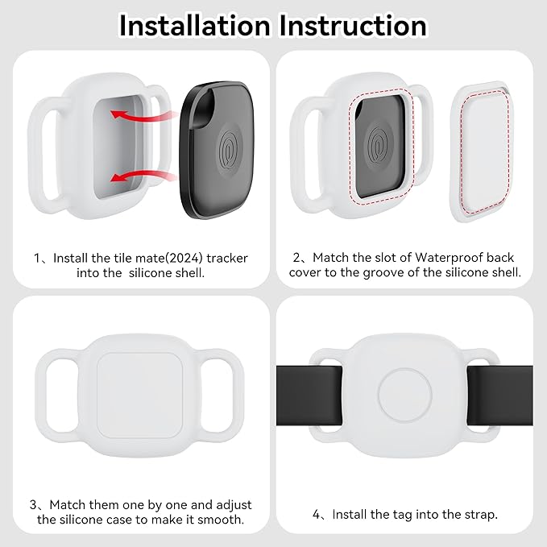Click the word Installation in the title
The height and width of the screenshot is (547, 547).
coord(195,26)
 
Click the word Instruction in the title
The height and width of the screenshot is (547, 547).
coord(353,26)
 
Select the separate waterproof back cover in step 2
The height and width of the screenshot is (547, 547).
coord(483,152)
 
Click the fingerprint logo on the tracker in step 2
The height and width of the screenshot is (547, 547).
coord(379,146)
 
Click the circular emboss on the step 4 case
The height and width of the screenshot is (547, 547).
coord(404,396)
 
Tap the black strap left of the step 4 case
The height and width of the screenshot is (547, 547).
coord(309,396)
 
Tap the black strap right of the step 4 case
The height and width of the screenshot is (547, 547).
coord(500,396)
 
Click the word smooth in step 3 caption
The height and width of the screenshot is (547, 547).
coord(221,520)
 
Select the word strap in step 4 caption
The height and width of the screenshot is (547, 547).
coord(479,515)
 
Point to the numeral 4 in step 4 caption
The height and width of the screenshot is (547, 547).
coord(316,514)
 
